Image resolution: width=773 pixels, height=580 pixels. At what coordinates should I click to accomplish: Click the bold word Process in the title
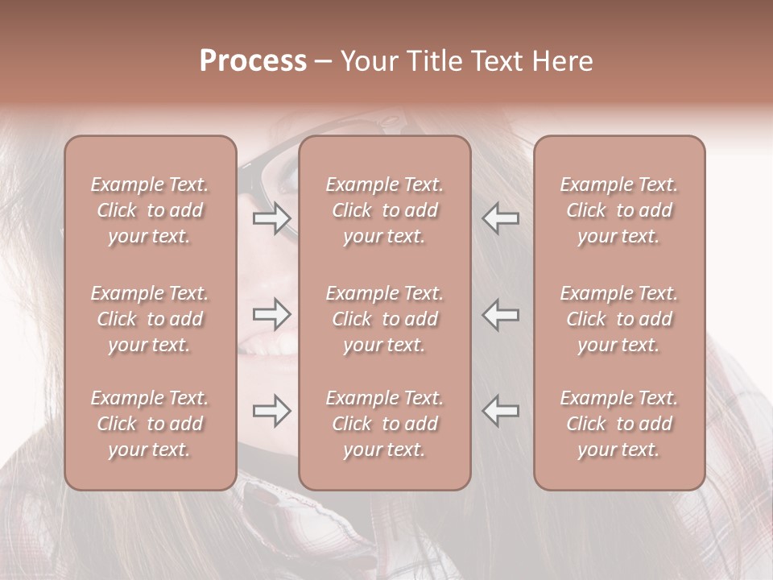click(253, 61)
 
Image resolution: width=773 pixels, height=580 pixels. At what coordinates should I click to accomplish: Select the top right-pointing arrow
click(272, 218)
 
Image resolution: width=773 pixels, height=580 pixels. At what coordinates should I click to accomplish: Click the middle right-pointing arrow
click(272, 314)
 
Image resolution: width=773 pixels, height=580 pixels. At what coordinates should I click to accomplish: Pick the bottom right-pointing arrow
click(272, 411)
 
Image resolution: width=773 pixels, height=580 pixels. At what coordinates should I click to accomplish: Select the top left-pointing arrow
click(501, 218)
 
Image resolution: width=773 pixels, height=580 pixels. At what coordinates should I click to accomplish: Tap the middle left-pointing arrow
click(501, 314)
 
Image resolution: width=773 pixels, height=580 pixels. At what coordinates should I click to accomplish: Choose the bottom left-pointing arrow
click(501, 411)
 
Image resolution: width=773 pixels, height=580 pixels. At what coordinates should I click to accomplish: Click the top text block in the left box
click(150, 210)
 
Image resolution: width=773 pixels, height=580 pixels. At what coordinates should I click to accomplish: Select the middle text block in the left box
click(150, 319)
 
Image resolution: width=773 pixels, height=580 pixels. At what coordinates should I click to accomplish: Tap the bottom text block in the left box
click(150, 424)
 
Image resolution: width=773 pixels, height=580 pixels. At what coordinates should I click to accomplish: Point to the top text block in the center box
click(385, 210)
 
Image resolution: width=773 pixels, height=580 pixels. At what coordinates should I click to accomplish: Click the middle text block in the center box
click(385, 319)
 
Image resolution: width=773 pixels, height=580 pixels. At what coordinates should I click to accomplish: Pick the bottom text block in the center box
click(385, 424)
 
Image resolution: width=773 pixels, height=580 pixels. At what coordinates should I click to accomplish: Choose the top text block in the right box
click(619, 210)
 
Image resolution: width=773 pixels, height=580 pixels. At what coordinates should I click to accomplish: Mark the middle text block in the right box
click(619, 319)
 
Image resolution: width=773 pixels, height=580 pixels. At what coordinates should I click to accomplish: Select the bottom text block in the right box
click(619, 424)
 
